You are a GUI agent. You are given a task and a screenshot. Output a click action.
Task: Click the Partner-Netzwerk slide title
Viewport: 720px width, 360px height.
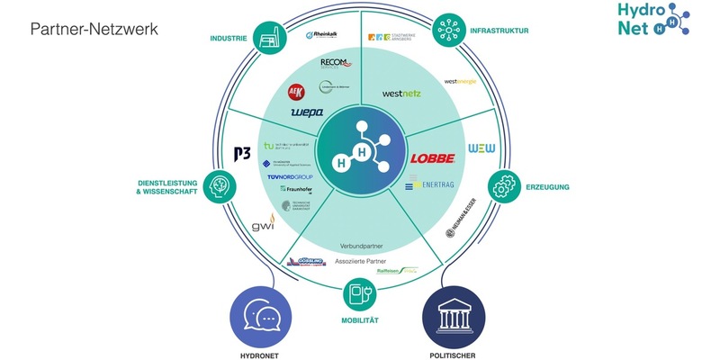tap(94, 30)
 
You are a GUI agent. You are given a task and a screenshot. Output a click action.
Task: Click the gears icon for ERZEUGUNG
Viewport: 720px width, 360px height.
tap(505, 188)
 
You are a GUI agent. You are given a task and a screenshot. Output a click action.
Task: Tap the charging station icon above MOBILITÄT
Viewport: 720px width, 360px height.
tap(361, 294)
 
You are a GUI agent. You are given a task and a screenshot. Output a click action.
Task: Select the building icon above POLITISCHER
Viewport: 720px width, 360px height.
tap(454, 318)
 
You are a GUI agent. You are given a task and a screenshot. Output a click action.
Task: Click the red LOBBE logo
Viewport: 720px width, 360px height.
tap(433, 158)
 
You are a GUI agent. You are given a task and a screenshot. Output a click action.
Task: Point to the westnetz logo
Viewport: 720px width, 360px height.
tap(402, 93)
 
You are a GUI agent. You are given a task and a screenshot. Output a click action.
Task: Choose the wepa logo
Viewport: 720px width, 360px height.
tap(308, 112)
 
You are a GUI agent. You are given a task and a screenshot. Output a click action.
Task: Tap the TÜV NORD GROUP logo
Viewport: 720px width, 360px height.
tap(288, 177)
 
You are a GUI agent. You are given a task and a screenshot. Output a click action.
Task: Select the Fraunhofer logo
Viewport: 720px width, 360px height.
tap(296, 190)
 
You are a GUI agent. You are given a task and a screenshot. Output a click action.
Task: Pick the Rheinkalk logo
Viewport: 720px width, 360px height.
tap(321, 36)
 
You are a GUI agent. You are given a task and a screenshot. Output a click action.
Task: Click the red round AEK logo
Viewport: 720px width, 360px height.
tap(294, 92)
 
